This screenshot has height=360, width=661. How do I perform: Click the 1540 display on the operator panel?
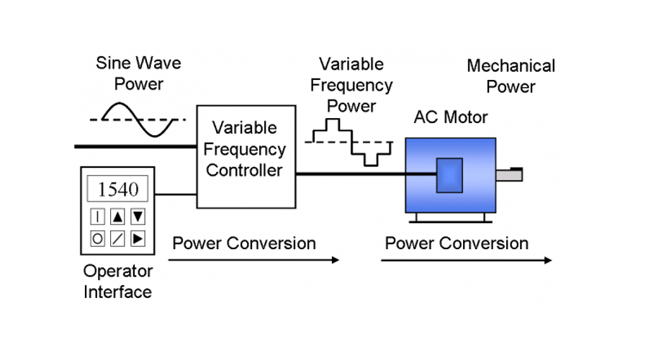point(118,189)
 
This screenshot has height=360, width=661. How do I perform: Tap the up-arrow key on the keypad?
point(118,216)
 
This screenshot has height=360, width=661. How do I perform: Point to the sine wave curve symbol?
point(138,119)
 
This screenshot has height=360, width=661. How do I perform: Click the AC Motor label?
point(451,117)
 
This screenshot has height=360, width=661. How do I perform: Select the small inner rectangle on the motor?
point(449,175)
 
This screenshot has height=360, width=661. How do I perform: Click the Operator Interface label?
point(118,282)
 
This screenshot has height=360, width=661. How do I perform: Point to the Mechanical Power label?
point(511,76)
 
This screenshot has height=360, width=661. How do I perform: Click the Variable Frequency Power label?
point(351,85)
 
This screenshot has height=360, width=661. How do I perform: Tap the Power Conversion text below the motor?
point(457,243)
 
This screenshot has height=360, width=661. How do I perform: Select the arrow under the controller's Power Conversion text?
point(256,260)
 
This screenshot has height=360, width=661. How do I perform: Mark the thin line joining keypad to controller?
point(177,194)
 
